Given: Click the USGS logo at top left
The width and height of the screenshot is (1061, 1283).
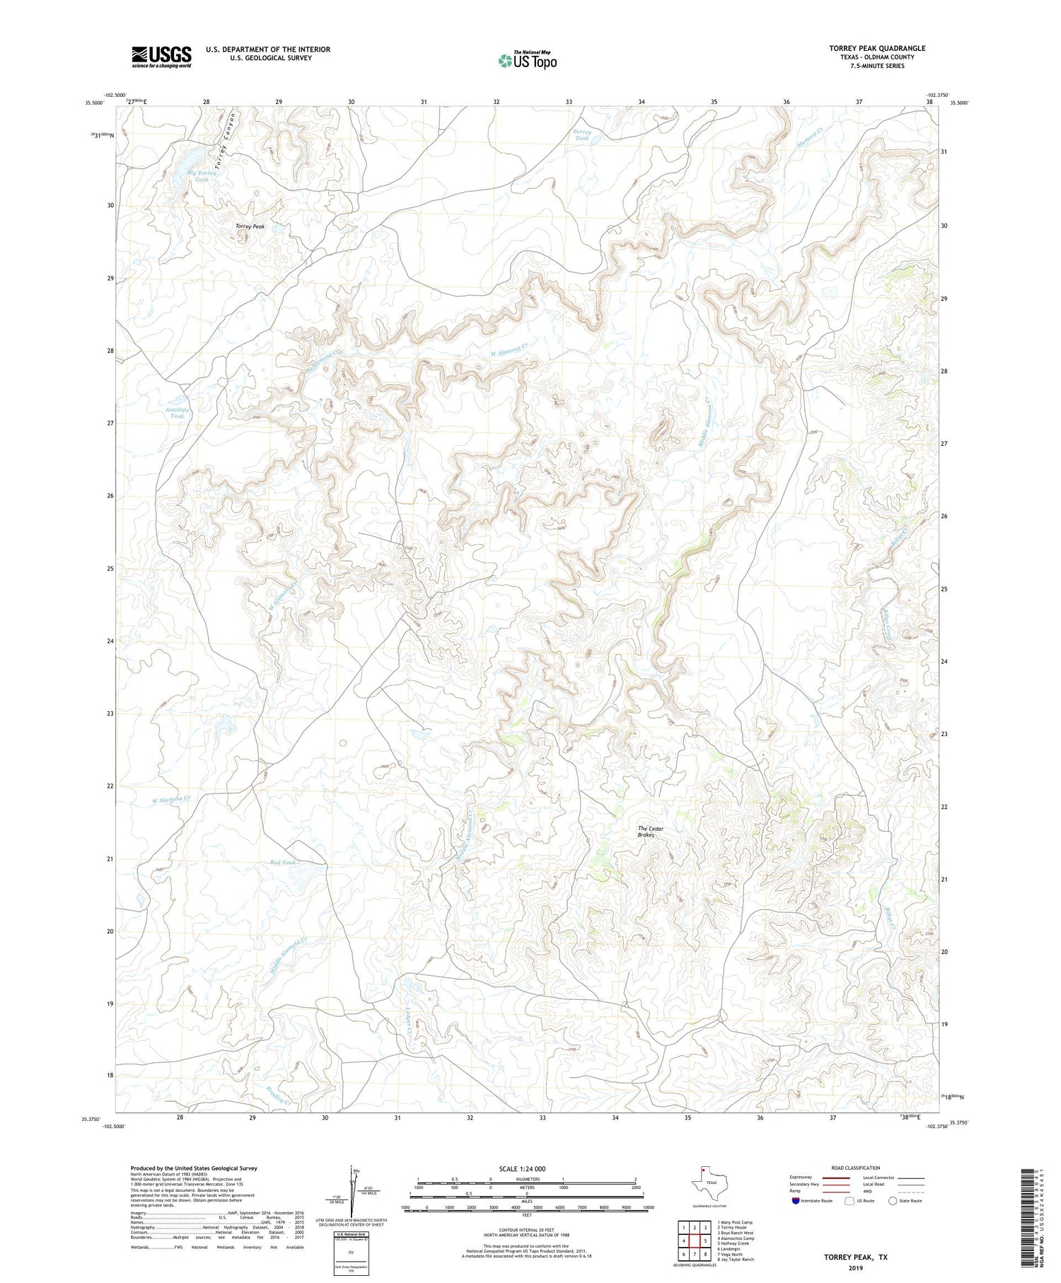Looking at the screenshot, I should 161,57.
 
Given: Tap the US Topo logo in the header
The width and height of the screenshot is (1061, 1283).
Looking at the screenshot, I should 527,60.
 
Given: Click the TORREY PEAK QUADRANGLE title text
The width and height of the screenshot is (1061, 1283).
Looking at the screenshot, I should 877,48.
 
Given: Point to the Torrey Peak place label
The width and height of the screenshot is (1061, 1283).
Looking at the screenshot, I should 250,226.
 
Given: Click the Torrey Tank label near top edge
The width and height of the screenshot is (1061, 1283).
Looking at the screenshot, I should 581,136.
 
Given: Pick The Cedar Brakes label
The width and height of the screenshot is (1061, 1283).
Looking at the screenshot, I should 647,832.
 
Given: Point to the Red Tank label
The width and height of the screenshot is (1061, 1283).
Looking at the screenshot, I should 283,863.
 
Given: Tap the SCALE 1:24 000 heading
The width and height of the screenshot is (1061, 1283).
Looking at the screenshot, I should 522,1168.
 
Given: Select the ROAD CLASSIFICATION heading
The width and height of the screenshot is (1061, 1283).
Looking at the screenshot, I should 855,1168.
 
